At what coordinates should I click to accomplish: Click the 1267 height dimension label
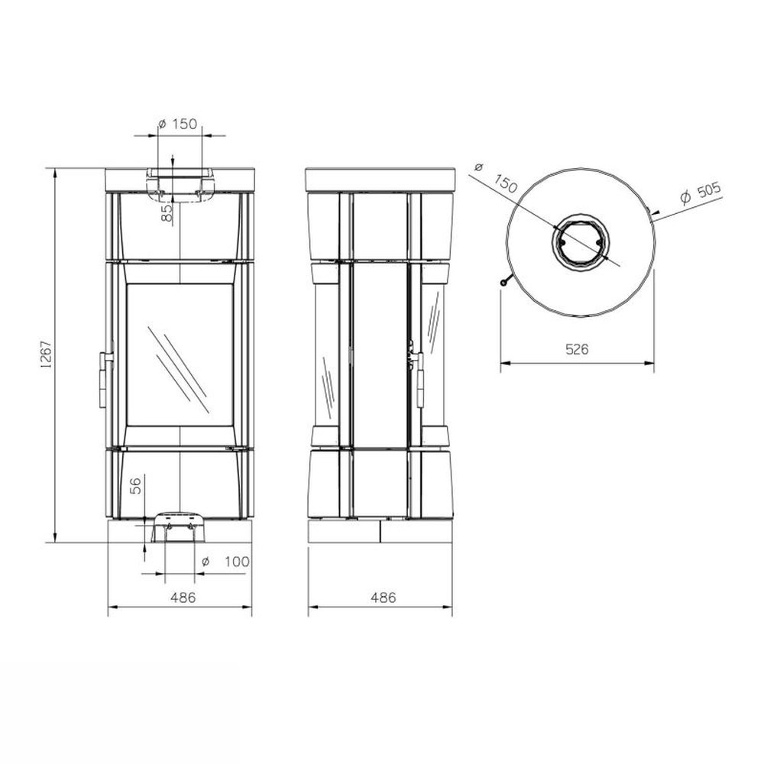47,354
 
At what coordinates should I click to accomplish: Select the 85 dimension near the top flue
167,213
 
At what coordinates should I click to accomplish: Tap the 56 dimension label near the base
136,486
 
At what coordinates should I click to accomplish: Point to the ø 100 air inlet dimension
225,562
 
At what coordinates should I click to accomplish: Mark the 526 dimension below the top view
577,349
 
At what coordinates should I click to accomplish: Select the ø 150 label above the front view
178,124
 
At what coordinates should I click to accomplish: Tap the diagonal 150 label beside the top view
505,183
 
